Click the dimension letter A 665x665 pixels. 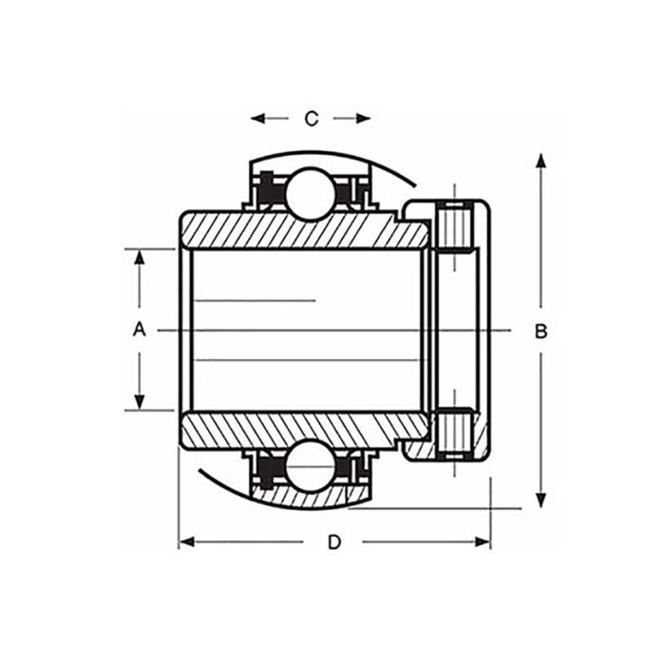pos(139,330)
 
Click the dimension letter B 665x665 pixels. pos(541,332)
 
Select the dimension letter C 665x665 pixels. pos(312,119)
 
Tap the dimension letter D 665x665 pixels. pos(334,542)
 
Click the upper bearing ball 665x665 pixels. pos(310,194)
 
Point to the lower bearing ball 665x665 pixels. pos(310,465)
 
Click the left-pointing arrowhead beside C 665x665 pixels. pos(257,119)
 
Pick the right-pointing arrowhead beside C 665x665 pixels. pos(364,119)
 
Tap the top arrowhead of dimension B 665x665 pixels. pos(541,161)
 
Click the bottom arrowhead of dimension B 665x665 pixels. pos(541,500)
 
